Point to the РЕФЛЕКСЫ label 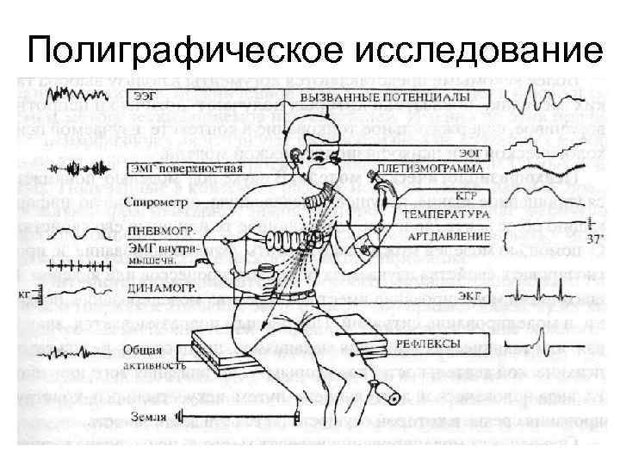[428, 344]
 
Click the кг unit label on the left [23, 294]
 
